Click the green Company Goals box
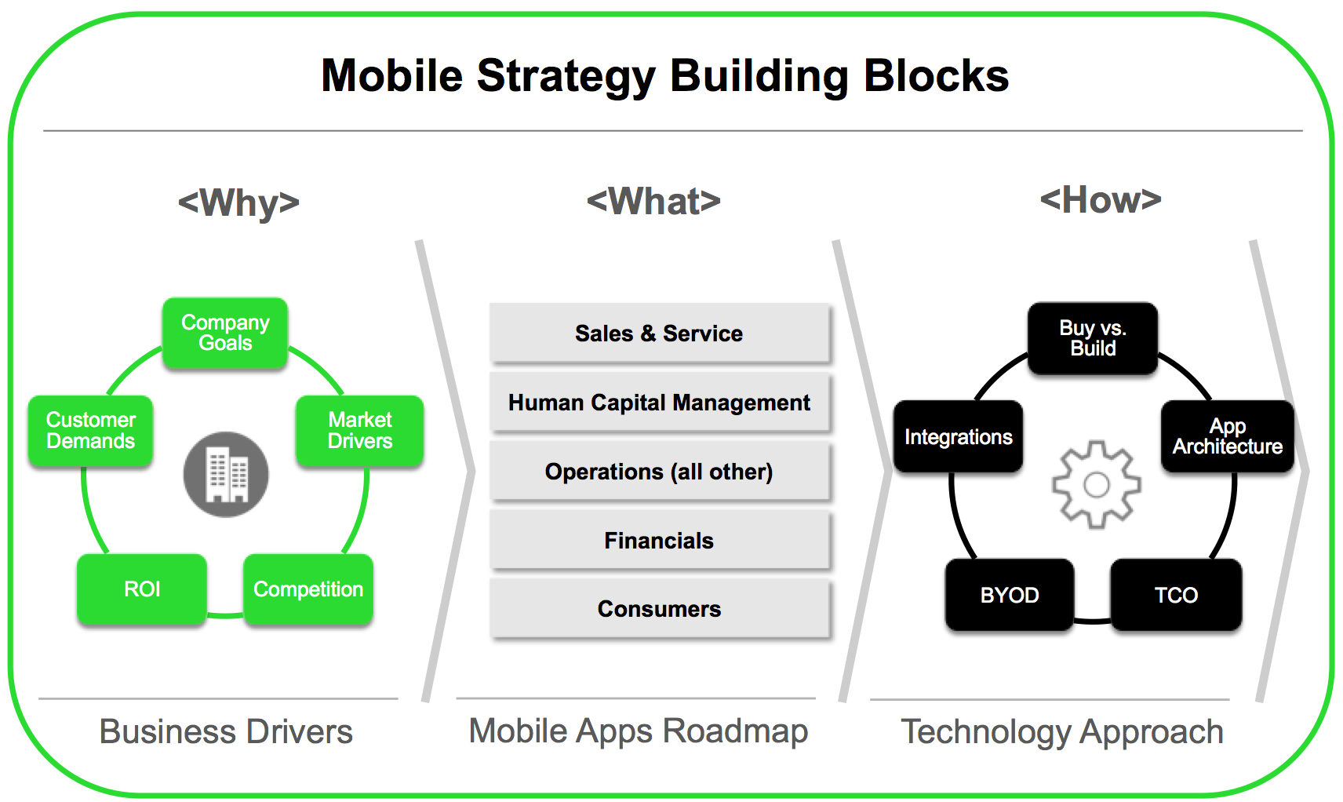(225, 333)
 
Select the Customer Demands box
(90, 431)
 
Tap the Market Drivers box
(359, 431)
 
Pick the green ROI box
(142, 589)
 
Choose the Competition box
(308, 589)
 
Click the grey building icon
(226, 475)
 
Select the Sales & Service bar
(659, 334)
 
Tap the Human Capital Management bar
(659, 403)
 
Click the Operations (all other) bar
(659, 472)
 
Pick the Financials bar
(659, 541)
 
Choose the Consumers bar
(659, 609)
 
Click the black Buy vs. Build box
(1093, 338)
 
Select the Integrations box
(958, 437)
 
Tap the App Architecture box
(1227, 436)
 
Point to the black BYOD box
(1010, 595)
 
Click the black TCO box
(1176, 595)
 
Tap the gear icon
(1096, 484)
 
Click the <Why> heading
(238, 202)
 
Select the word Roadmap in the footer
(735, 731)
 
